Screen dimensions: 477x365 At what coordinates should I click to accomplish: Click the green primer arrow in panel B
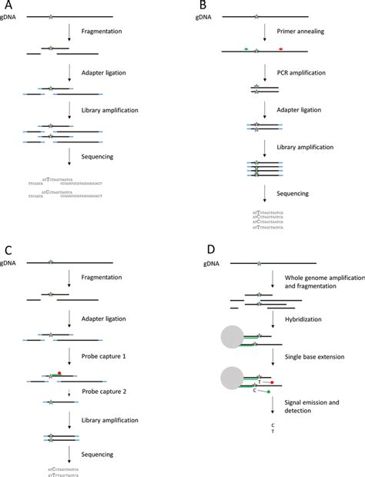click(246, 50)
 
